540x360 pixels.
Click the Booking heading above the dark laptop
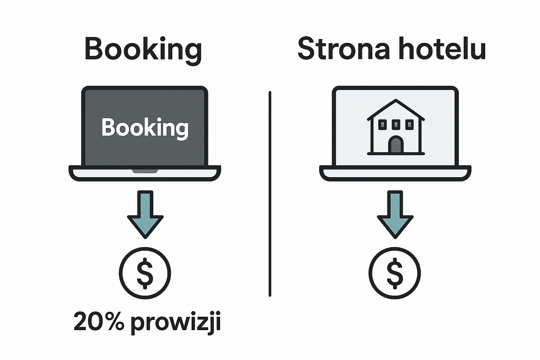click(x=143, y=50)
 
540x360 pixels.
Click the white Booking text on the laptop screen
click(x=145, y=128)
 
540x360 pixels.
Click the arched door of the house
click(x=396, y=145)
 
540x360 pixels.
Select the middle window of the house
click(x=396, y=124)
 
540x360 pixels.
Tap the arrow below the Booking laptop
click(x=145, y=214)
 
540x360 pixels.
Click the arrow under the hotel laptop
click(x=395, y=214)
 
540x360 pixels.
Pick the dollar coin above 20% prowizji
click(x=145, y=273)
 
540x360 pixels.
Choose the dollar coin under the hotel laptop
click(x=395, y=273)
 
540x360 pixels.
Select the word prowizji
click(x=176, y=322)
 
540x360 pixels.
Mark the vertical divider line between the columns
click(x=270, y=193)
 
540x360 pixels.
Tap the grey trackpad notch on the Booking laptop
click(x=145, y=171)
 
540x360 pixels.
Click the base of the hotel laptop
click(x=395, y=173)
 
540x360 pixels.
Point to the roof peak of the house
click(x=396, y=101)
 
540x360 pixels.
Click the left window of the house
click(x=382, y=124)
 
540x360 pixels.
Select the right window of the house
click(x=410, y=124)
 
